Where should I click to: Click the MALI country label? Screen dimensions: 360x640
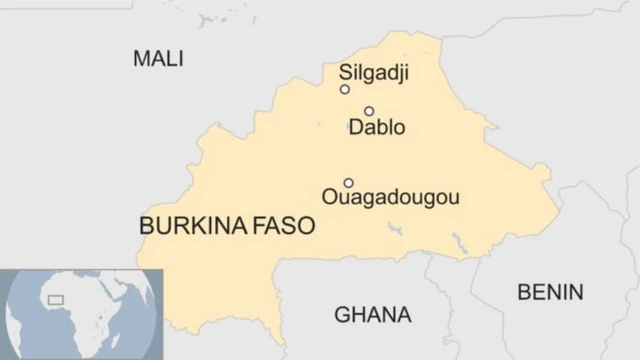coord(158,59)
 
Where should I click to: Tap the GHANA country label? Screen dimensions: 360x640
coord(372,315)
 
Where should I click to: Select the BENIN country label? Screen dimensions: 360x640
coord(549,292)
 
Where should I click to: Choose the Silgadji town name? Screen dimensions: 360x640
coord(374,72)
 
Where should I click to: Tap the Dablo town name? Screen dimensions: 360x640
coord(377,127)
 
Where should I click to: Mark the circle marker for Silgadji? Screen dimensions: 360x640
coord(345,89)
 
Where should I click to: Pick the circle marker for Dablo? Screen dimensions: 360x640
coord(369,111)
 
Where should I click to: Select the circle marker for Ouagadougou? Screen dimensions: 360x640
coord(348,183)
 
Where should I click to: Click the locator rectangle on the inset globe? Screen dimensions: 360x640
coord(56,298)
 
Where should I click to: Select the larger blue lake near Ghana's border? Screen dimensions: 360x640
coord(459,243)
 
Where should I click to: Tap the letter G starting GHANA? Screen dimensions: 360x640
coord(341,315)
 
